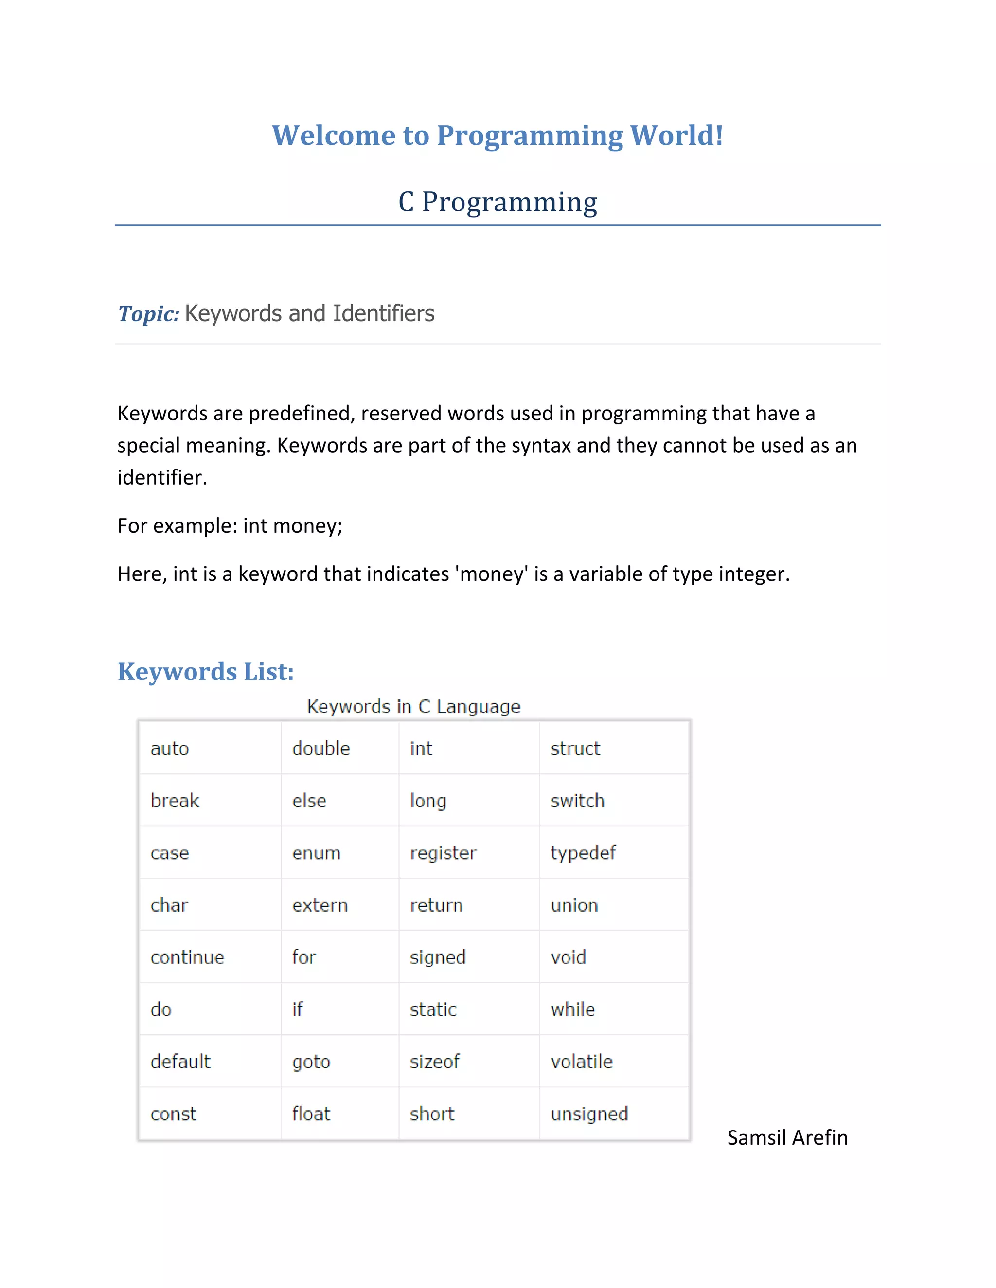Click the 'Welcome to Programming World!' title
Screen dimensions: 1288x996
[x=498, y=136]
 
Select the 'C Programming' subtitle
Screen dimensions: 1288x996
[x=498, y=202]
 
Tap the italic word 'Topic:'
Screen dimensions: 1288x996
[x=149, y=314]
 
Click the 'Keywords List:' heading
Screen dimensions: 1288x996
[x=205, y=672]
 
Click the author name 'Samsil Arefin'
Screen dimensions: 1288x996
[x=787, y=1138]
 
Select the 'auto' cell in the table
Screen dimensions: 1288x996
[x=170, y=749]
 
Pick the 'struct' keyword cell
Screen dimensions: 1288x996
[x=575, y=749]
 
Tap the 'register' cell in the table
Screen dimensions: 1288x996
[x=443, y=853]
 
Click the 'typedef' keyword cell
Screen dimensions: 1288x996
[x=583, y=853]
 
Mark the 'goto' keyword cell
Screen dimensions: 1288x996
[x=311, y=1062]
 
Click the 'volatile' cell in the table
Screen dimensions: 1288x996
[x=582, y=1062]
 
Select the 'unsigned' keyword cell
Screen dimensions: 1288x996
[x=589, y=1114]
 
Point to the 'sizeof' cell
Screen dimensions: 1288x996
[x=435, y=1062]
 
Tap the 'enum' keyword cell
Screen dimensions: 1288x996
[x=316, y=853]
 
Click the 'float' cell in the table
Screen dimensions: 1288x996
[x=311, y=1114]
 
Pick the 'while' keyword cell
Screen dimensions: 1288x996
[x=573, y=1010]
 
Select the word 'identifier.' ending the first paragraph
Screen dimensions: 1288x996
[x=162, y=478]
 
